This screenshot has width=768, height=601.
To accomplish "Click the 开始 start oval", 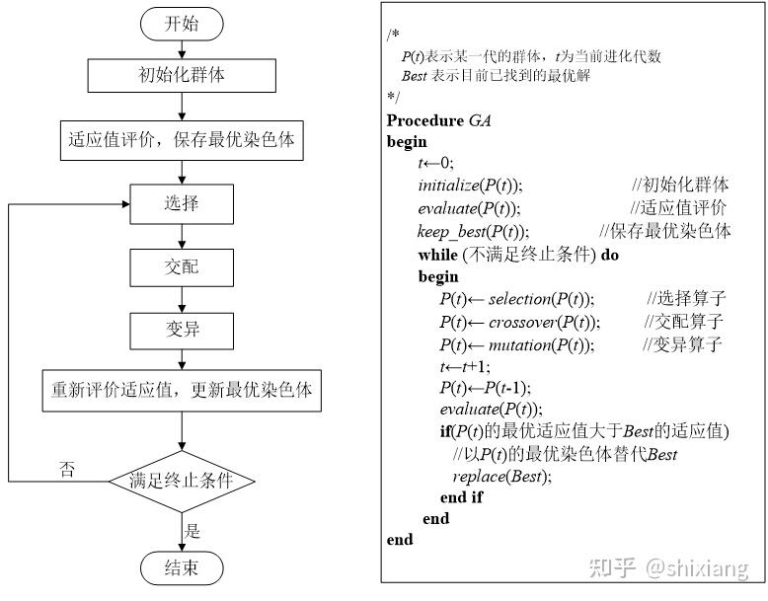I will tap(181, 24).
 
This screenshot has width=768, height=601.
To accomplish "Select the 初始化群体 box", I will tap(181, 74).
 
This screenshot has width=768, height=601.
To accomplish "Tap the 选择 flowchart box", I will tap(181, 204).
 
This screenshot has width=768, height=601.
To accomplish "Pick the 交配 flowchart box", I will tap(181, 267).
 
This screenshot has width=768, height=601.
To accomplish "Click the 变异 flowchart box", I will tap(181, 329).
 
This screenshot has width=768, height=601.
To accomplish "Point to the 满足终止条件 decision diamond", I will tap(182, 482).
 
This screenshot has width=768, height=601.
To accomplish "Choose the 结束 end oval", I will tap(181, 567).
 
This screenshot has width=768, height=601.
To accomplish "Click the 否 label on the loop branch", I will tap(67, 469).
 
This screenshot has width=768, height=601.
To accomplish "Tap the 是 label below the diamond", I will tap(194, 530).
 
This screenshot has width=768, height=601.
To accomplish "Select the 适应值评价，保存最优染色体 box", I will tap(181, 139).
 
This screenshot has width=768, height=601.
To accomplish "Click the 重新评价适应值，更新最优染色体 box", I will tap(182, 390).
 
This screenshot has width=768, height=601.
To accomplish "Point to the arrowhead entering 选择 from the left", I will tap(125, 204).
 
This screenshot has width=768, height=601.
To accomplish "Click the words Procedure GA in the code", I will tap(438, 120).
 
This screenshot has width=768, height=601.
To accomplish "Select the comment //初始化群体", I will tap(680, 185).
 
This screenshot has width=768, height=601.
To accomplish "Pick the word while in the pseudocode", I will tap(437, 255).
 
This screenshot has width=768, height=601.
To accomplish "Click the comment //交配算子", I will tap(683, 322).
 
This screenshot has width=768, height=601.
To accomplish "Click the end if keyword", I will tap(461, 497).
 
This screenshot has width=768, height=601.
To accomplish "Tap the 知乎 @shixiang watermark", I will tap(667, 567).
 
